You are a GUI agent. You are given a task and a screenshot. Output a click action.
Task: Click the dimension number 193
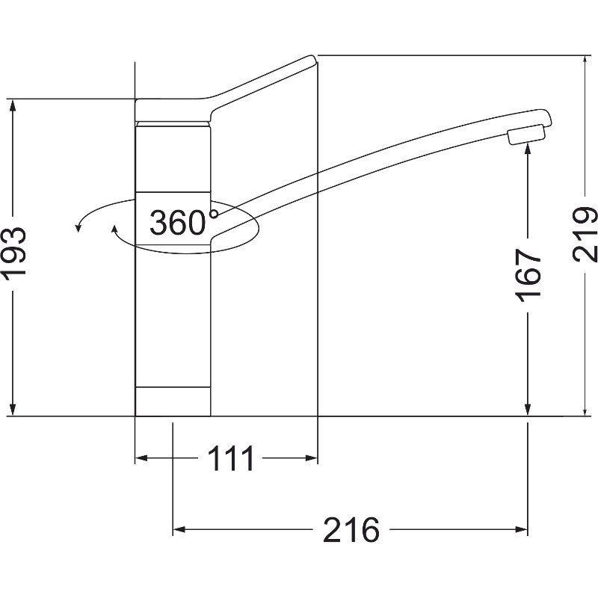pyautogui.click(x=14, y=253)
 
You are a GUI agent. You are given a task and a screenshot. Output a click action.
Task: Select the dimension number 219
pyautogui.click(x=585, y=234)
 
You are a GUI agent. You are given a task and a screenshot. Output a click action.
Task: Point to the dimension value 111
pyautogui.click(x=231, y=458)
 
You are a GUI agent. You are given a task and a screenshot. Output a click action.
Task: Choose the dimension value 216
pyautogui.click(x=351, y=530)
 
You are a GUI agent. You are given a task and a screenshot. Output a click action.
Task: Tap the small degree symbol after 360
pyautogui.click(x=214, y=214)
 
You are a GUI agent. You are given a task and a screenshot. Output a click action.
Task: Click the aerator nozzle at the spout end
pyautogui.click(x=526, y=135)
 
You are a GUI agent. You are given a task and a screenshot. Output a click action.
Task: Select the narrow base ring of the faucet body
pyautogui.click(x=173, y=401)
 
